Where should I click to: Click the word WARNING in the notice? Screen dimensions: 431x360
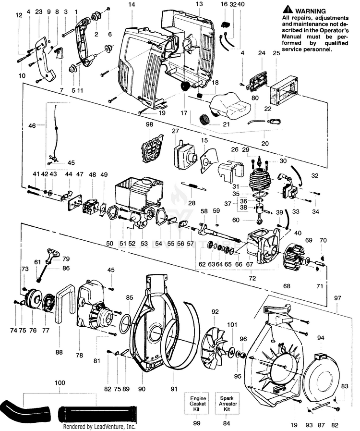310,11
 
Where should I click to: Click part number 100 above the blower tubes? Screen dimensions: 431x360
60,383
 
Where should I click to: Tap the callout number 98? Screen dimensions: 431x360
150,125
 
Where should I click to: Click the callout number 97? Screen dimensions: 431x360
337,298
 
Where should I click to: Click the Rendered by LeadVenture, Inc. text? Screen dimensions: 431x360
99,426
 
